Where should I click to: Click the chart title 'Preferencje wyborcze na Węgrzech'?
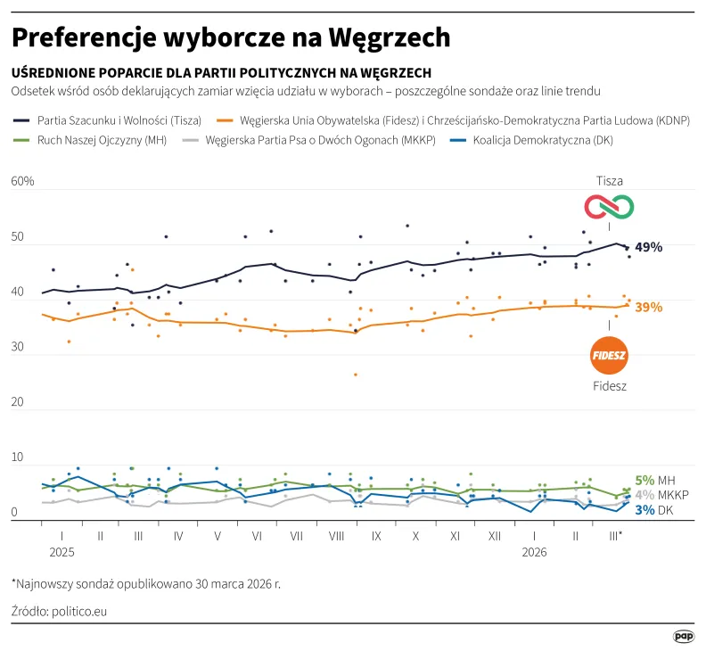(x=231, y=37)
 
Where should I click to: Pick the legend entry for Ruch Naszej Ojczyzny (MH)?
(x=91, y=140)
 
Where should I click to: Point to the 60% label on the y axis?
(x=22, y=182)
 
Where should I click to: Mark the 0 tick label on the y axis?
(x=15, y=513)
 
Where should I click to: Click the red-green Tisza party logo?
(x=609, y=207)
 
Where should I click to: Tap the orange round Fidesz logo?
(x=610, y=356)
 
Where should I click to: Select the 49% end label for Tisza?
(x=648, y=247)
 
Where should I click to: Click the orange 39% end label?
(x=648, y=307)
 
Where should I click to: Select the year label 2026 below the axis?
(x=534, y=552)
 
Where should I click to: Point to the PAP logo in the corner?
(x=683, y=636)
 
